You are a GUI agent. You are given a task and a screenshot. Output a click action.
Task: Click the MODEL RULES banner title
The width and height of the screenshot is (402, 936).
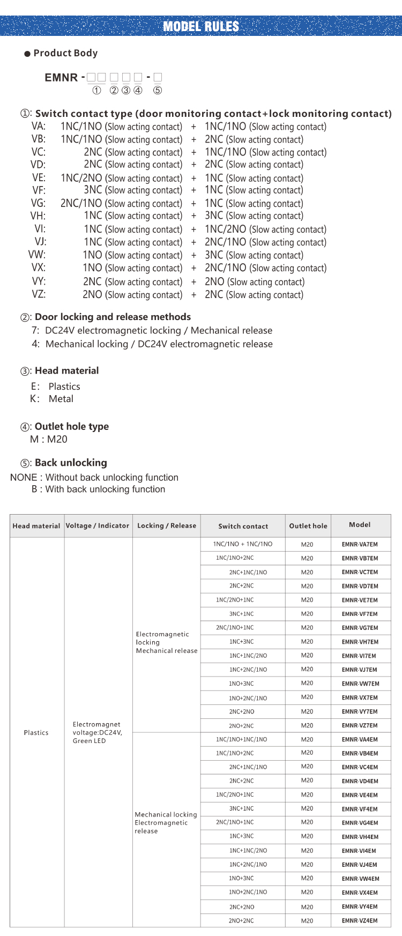[x=201, y=26]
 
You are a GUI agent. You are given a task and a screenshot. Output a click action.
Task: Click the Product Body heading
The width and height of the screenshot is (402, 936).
[x=65, y=53]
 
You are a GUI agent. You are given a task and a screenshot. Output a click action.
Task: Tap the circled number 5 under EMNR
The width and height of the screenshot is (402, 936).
[x=158, y=90]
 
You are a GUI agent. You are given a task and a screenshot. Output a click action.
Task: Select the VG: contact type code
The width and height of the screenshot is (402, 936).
[x=38, y=203]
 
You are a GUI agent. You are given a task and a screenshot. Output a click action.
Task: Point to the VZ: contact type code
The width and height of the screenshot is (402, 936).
[x=39, y=294]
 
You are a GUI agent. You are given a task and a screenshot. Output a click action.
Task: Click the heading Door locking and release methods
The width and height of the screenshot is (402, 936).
[x=113, y=317]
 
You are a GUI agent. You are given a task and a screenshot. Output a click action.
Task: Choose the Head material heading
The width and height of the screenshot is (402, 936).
[x=66, y=370]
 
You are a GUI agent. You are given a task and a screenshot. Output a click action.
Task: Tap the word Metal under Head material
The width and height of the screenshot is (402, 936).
[x=61, y=399]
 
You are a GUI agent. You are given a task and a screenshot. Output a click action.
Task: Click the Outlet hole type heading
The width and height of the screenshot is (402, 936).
[x=71, y=427]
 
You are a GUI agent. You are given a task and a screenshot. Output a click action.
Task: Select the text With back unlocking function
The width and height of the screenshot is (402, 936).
[x=105, y=489]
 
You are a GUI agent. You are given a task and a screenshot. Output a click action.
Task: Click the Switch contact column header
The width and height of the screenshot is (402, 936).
[x=243, y=526]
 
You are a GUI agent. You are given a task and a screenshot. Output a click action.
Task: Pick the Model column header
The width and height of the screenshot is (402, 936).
[x=360, y=525]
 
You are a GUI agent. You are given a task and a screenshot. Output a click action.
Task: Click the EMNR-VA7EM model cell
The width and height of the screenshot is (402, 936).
[x=360, y=545]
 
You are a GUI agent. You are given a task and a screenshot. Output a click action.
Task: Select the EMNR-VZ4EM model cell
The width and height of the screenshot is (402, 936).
[x=360, y=921]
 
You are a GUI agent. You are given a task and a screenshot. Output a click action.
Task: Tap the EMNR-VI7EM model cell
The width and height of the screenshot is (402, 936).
[x=359, y=656]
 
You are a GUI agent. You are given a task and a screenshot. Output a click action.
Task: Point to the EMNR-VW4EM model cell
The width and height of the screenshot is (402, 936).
[x=360, y=879]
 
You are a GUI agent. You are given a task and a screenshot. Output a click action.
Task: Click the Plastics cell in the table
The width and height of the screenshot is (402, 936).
[x=36, y=733]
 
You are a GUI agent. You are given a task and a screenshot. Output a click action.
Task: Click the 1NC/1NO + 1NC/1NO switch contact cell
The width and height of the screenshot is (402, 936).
[x=242, y=544]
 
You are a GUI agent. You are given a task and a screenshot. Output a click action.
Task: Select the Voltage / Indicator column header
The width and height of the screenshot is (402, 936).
[x=98, y=526]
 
